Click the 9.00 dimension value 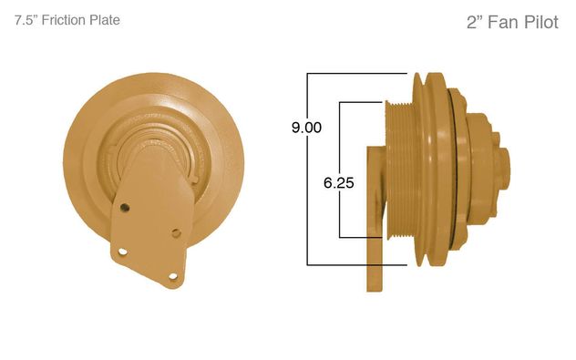tap(306, 128)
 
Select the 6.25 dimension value tap(339, 182)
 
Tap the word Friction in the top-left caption tap(59, 20)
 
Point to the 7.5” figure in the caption tap(26, 20)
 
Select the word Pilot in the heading tap(541, 22)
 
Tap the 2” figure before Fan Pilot tap(475, 22)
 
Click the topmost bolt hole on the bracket tap(125, 208)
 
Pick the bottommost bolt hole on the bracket tap(172, 276)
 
